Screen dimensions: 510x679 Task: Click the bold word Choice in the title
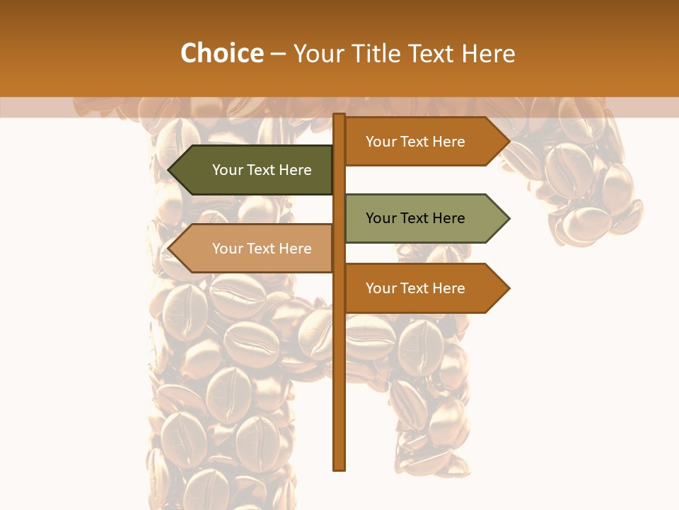[x=221, y=53]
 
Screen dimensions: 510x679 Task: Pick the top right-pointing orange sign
[x=417, y=142]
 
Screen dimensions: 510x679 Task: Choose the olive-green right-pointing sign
[x=417, y=218]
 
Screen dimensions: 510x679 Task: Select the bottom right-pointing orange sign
[x=417, y=288]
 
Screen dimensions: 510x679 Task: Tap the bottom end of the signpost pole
[x=339, y=468]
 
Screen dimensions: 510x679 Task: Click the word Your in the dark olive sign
[x=228, y=170]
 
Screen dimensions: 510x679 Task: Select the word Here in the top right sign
[x=447, y=142]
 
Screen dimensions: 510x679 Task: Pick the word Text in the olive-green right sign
[x=414, y=218]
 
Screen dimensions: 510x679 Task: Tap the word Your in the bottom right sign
[x=381, y=288]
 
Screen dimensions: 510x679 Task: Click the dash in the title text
[x=278, y=54]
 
